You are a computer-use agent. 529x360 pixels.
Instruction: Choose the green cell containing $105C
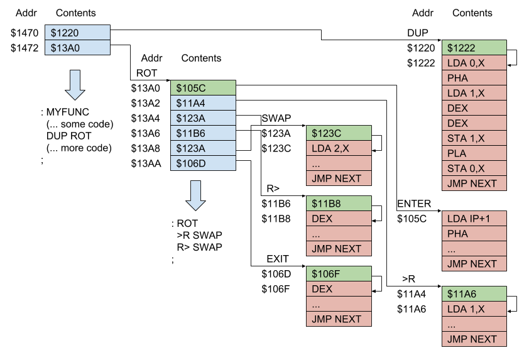click(x=203, y=88)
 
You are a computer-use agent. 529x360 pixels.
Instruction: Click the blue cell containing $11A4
click(x=203, y=103)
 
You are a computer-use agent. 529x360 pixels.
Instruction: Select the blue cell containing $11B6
click(x=203, y=133)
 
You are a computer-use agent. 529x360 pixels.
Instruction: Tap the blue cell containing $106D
click(x=203, y=163)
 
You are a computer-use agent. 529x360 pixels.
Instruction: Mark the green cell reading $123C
click(x=339, y=133)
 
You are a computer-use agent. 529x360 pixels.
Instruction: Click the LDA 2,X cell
click(x=339, y=148)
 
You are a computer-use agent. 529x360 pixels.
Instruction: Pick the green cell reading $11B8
click(x=339, y=204)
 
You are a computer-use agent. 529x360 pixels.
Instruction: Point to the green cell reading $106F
click(x=339, y=274)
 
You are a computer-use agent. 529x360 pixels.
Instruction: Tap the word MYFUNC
click(x=63, y=112)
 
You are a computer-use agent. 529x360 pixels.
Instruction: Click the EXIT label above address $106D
click(x=277, y=259)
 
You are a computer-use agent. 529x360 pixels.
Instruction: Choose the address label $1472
click(x=24, y=48)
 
